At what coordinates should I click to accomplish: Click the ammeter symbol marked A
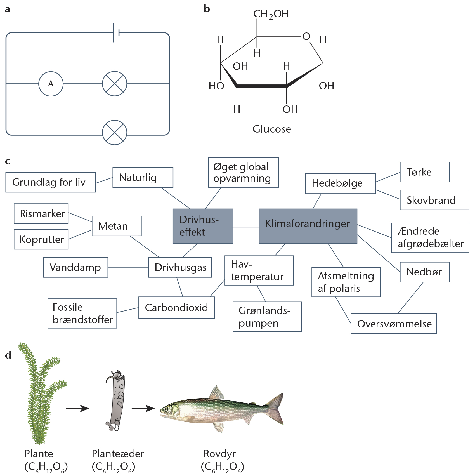pyautogui.click(x=51, y=84)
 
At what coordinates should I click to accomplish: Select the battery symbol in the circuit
pyautogui.click(x=116, y=33)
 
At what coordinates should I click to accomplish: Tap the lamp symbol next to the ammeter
pyautogui.click(x=115, y=84)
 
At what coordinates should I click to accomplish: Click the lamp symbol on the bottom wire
pyautogui.click(x=115, y=133)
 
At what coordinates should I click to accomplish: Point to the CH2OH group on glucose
pyautogui.click(x=271, y=14)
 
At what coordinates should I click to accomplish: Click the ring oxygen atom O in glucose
pyautogui.click(x=306, y=36)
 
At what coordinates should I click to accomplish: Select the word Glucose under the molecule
pyautogui.click(x=272, y=129)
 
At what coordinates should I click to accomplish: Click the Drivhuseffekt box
pyautogui.click(x=203, y=226)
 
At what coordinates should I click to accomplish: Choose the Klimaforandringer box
pyautogui.click(x=308, y=226)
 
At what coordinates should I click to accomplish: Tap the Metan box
pyautogui.click(x=117, y=226)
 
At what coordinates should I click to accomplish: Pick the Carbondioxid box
pyautogui.click(x=177, y=308)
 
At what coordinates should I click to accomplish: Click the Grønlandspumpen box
pyautogui.click(x=267, y=317)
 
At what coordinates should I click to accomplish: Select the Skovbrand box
pyautogui.click(x=434, y=200)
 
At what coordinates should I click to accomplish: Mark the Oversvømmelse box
pyautogui.click(x=394, y=323)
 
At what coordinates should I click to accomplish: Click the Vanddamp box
pyautogui.click(x=76, y=267)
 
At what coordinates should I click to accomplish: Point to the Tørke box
pyautogui.click(x=425, y=172)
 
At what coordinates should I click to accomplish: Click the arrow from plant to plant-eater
pyautogui.click(x=77, y=408)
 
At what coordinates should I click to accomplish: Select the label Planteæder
pyautogui.click(x=118, y=454)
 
